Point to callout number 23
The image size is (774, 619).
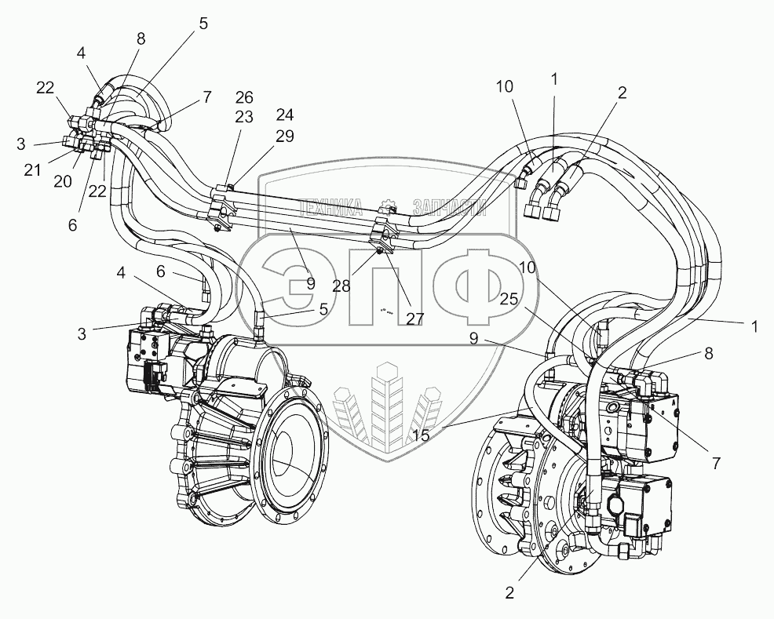pos(245,116)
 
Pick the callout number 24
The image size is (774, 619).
pos(284,115)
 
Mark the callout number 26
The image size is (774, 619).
pos(245,97)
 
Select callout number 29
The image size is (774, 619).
pos(284,136)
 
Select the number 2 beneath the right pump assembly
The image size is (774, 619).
pos(509,593)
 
